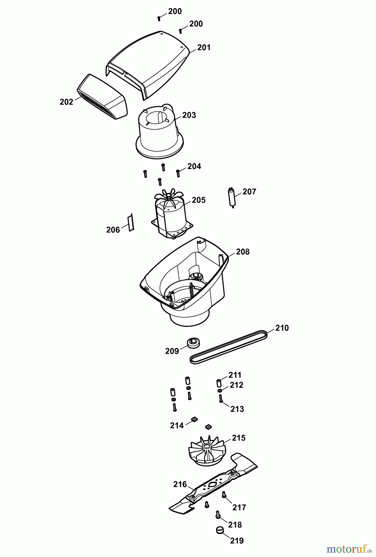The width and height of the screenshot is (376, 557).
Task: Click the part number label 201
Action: (x=204, y=48)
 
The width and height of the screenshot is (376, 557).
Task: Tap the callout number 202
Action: (x=66, y=102)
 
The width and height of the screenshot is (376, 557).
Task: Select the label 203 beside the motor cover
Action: (x=189, y=115)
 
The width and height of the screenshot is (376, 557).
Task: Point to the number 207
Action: (x=249, y=192)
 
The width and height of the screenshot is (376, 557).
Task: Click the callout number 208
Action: (x=242, y=252)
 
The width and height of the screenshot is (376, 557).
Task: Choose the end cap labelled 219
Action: (x=220, y=530)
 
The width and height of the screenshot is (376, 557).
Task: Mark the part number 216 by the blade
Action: (x=180, y=484)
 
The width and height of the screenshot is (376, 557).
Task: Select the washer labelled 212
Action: (x=220, y=391)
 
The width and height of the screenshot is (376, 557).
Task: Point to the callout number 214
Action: (x=177, y=426)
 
